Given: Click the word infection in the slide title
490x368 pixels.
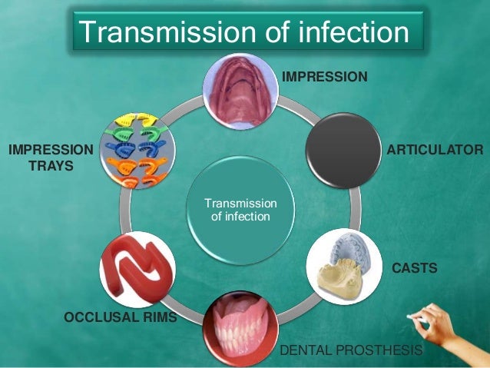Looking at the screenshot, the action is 343,32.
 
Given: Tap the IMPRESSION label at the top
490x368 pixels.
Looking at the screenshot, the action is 325,77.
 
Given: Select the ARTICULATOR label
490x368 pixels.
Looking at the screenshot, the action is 434,148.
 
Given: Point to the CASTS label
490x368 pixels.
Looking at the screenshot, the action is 415,268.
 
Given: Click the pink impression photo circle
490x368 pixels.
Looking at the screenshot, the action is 240,91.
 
